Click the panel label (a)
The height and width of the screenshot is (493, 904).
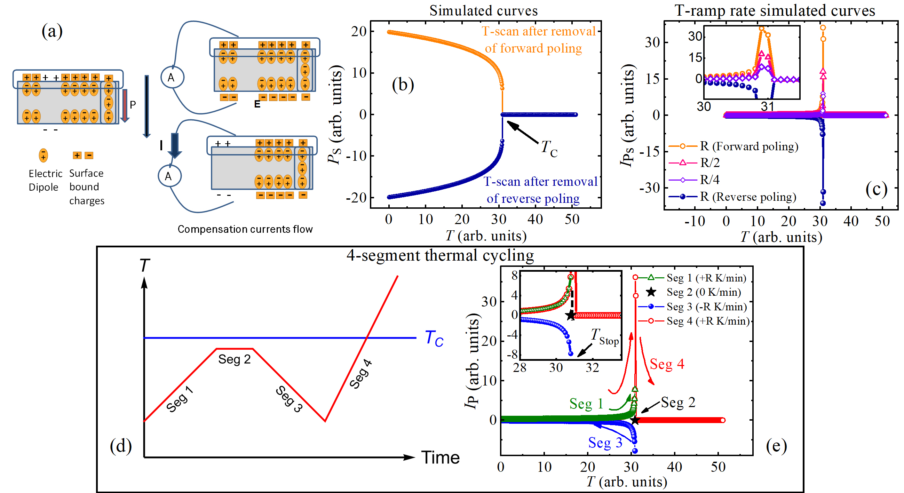(x=52, y=32)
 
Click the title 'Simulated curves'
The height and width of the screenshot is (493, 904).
(x=483, y=10)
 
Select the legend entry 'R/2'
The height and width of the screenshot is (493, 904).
(x=709, y=163)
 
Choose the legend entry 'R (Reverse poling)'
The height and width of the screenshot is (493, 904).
(x=747, y=197)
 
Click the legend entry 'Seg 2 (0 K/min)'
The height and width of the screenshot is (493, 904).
(x=703, y=292)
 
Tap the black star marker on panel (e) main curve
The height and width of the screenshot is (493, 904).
(x=635, y=420)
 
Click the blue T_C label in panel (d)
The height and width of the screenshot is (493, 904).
(x=434, y=339)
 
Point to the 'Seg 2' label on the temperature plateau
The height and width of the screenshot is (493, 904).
(x=234, y=359)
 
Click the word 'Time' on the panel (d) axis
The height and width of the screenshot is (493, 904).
(x=440, y=458)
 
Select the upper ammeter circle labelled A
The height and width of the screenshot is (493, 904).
(x=172, y=77)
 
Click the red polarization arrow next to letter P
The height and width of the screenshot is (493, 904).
(x=125, y=105)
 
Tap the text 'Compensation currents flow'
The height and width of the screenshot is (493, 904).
(x=245, y=229)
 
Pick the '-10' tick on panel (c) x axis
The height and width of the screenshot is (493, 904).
(x=695, y=221)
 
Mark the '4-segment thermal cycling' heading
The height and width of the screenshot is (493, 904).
(x=440, y=255)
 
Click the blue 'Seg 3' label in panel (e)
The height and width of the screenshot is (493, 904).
(x=605, y=443)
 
